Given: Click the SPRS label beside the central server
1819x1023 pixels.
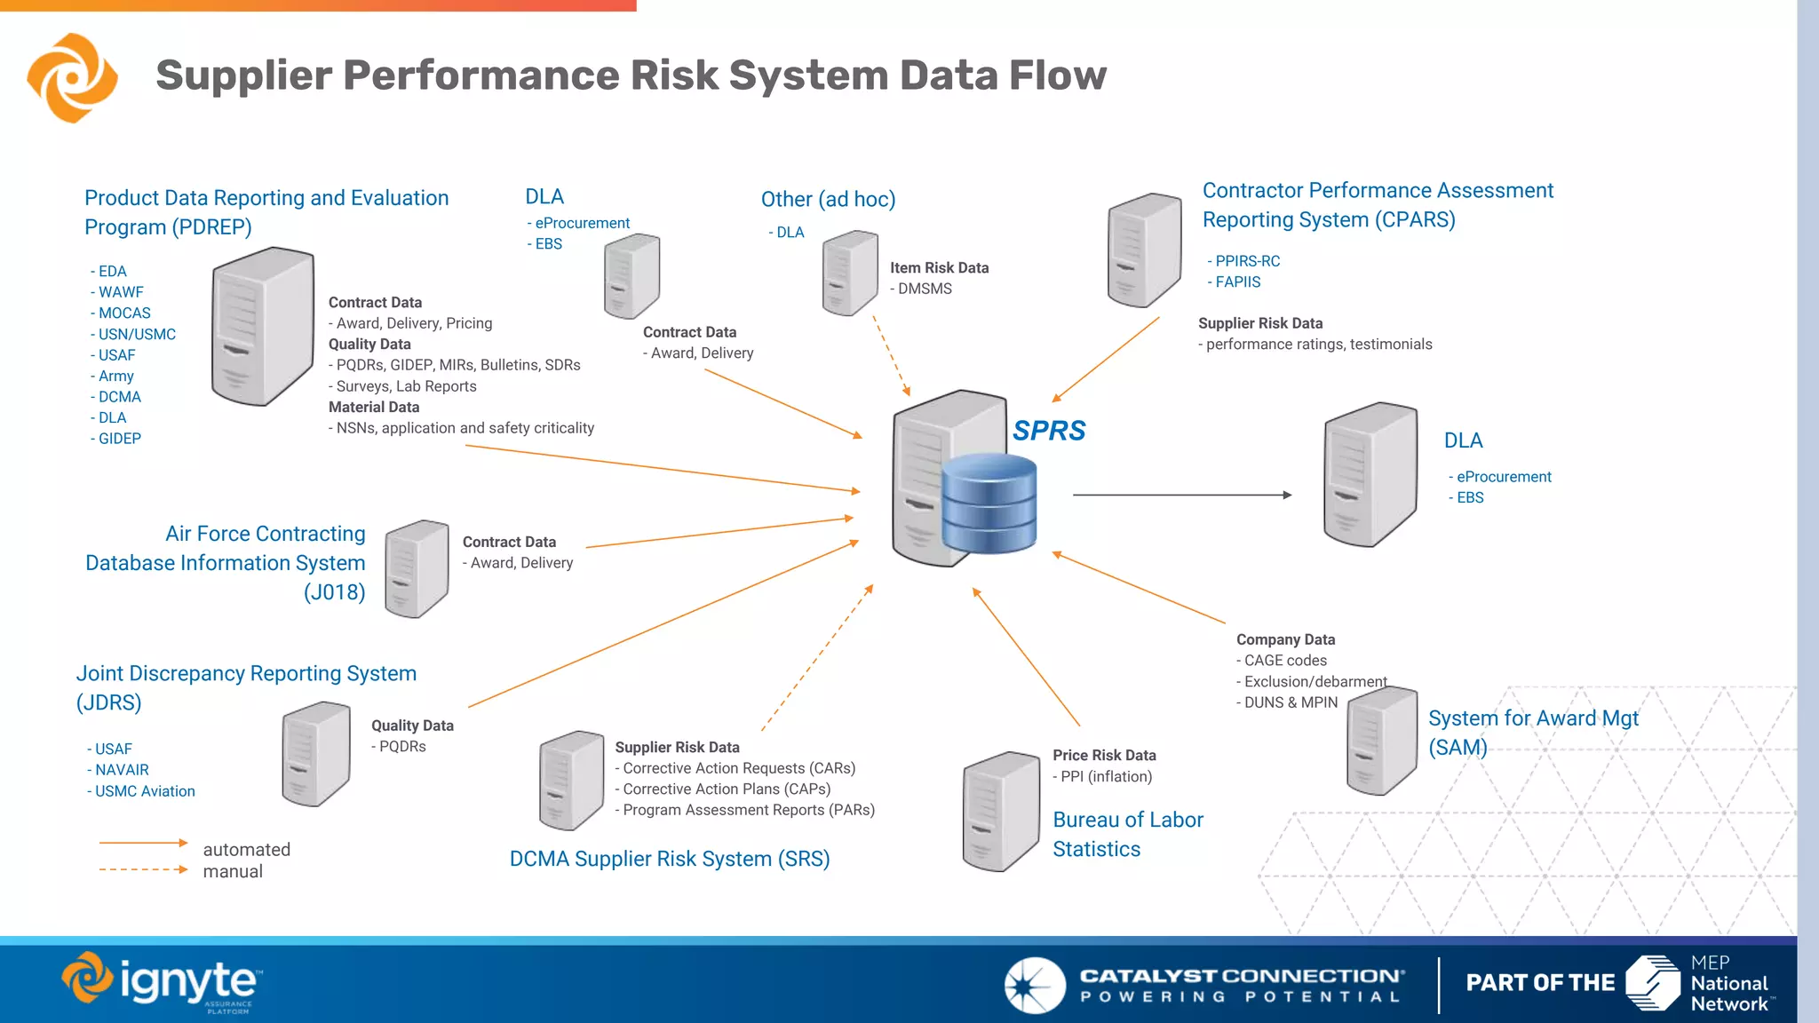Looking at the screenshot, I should (x=1049, y=431).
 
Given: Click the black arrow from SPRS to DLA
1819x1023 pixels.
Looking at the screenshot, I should (x=1181, y=495).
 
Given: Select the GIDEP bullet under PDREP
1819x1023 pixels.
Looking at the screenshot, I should (x=119, y=439).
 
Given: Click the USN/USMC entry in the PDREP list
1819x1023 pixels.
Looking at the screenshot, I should (x=137, y=335).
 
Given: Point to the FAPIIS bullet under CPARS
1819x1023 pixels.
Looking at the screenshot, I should (x=1237, y=282).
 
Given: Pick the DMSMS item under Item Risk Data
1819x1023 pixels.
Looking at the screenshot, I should (x=924, y=289).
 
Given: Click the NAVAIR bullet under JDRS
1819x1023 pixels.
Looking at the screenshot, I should (x=122, y=770).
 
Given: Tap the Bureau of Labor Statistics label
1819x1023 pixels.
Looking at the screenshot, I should (x=1127, y=834).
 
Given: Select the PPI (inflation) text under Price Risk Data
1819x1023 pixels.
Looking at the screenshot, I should (x=1106, y=776).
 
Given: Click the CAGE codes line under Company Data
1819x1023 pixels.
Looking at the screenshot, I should (x=1284, y=661).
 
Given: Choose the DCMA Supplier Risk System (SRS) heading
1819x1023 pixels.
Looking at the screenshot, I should (x=670, y=859).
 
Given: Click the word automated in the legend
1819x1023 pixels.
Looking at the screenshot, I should (x=246, y=850).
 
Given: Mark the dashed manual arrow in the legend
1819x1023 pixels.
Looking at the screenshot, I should (x=143, y=869).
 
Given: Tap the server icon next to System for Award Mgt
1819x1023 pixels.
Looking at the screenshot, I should (x=1381, y=741).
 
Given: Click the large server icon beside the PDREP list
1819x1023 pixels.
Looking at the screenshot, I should (x=262, y=327).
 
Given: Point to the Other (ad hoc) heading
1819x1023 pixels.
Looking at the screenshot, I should (x=828, y=200).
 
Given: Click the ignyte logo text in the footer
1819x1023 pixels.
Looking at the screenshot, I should (x=188, y=981).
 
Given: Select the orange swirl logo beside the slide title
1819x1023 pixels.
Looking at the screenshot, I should (x=72, y=78).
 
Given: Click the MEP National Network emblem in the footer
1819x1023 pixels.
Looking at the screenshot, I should (x=1653, y=982).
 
